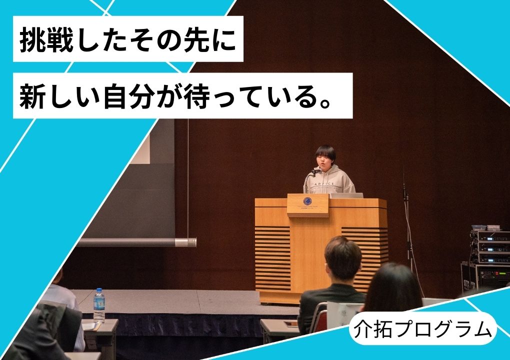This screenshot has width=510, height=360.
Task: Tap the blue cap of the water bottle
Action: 99,290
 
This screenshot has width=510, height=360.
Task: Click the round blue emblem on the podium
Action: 307,201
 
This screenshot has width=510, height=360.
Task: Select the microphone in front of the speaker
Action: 315,170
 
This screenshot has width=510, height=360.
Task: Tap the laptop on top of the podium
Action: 346,195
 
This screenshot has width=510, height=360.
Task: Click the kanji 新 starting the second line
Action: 31,96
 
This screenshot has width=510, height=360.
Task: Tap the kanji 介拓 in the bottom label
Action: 374,329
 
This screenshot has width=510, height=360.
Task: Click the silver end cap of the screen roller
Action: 185,242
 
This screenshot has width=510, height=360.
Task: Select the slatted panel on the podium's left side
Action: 272,258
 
